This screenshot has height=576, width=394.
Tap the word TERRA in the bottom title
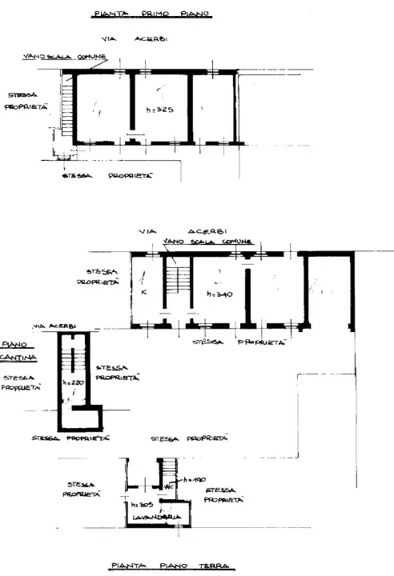click(211, 566)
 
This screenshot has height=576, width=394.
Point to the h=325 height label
click(159, 108)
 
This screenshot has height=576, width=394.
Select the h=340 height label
click(219, 294)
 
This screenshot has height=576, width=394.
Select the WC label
click(169, 486)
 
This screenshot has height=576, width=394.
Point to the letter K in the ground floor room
click(143, 292)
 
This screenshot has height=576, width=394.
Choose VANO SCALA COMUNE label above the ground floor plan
click(207, 241)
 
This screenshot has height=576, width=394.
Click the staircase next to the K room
click(177, 279)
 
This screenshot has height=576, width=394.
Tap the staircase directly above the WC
click(168, 468)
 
